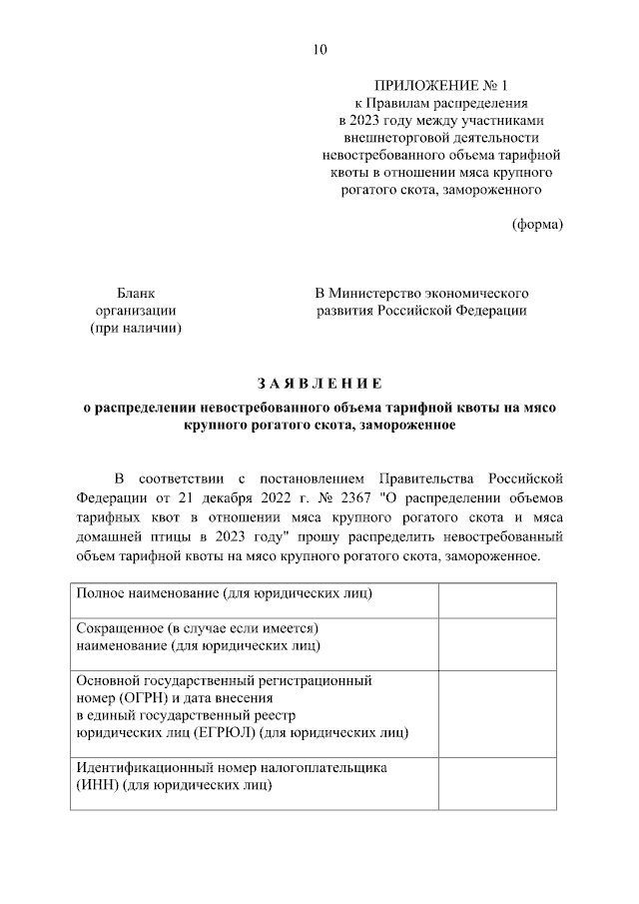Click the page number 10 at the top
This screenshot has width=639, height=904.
(x=319, y=49)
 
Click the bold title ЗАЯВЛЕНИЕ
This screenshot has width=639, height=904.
(x=319, y=383)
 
